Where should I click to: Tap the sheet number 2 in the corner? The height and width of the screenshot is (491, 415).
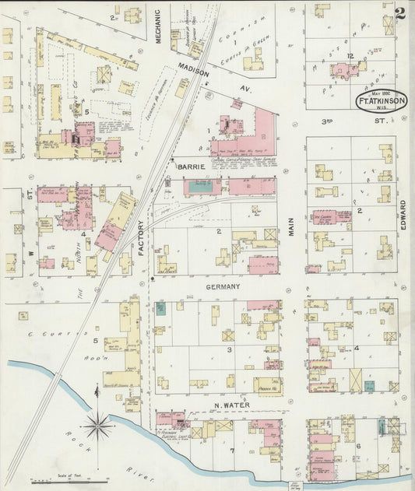399,13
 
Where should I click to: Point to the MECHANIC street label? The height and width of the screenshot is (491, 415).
157,27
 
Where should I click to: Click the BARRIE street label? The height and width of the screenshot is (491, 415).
191,167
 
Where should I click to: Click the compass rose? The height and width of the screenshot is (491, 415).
98,426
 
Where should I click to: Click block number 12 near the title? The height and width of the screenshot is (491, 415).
350,55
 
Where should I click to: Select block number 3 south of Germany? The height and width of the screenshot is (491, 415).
229,349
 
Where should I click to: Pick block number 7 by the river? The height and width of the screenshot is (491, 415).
231,450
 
